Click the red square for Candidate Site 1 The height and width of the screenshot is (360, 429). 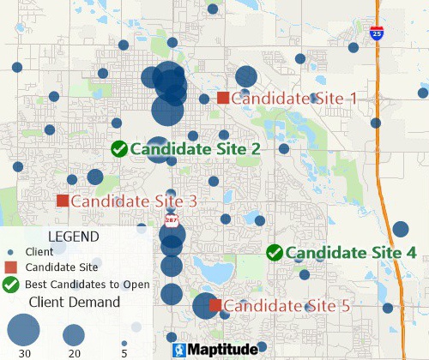223,98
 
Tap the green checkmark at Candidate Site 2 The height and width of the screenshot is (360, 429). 119,148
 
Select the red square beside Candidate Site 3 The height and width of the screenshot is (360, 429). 63,201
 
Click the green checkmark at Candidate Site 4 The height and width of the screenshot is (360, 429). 275,252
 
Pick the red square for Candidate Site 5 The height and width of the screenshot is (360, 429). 216,305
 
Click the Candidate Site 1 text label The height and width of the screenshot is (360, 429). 293,99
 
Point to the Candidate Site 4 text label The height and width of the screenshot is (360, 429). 350,253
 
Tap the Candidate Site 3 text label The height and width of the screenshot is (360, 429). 134,201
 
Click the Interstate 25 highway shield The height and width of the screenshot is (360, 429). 378,33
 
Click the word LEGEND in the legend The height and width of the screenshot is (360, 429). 73,236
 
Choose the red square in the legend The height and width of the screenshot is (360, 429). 10,267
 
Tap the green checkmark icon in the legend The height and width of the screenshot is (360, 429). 11,285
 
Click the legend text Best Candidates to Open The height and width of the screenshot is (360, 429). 88,285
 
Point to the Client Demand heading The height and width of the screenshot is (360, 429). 75,302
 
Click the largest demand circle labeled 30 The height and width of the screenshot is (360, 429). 24,330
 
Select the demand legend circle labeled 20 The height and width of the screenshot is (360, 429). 74,333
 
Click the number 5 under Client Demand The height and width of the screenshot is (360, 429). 124,353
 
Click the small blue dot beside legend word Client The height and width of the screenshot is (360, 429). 10,252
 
